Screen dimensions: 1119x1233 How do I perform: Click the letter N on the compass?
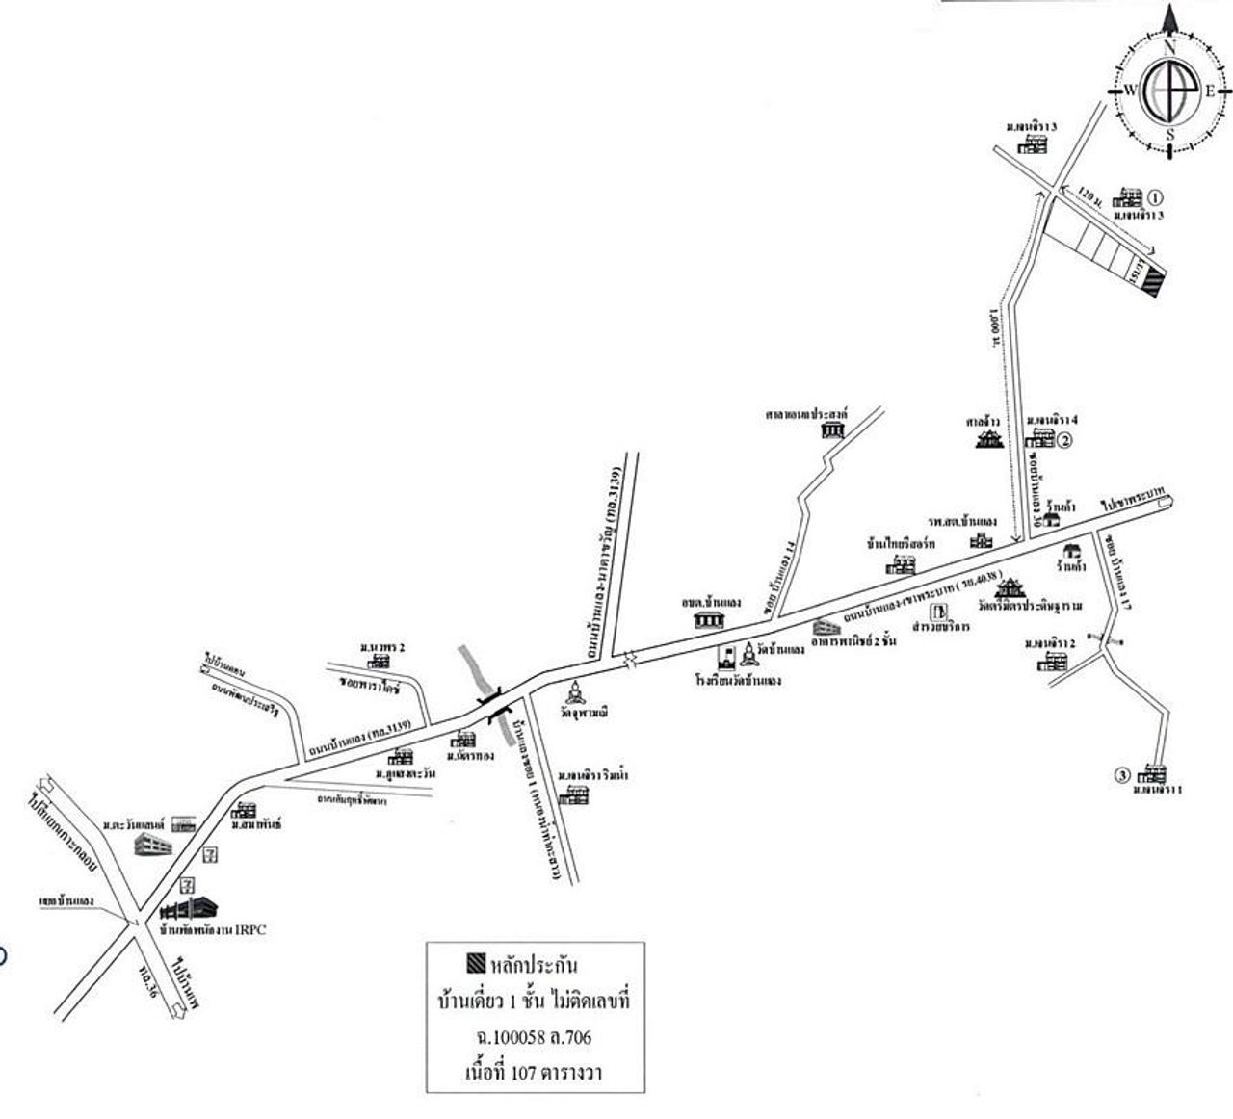click(1170, 46)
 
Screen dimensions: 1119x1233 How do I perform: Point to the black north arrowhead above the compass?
click(1170, 17)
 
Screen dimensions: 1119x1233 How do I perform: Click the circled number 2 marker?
click(1065, 441)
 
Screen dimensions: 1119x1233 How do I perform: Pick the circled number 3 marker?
click(1120, 773)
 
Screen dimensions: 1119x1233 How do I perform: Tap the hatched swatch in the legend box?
click(474, 963)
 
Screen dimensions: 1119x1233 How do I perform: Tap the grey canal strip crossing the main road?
click(474, 669)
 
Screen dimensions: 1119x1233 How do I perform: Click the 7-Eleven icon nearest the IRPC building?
click(190, 883)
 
